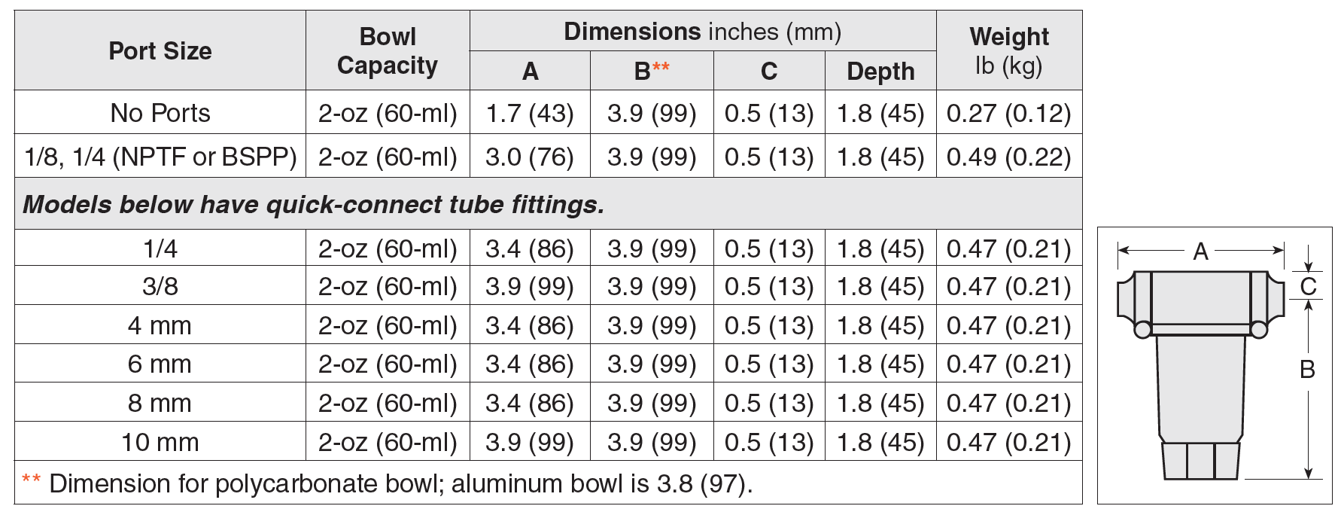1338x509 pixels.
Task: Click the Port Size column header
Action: [160, 50]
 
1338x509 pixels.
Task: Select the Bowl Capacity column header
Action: [387, 50]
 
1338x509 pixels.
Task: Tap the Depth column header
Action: [880, 71]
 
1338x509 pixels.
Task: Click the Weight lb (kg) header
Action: [1008, 50]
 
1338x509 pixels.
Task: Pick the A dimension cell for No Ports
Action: [530, 113]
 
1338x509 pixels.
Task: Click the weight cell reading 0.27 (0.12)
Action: [1008, 113]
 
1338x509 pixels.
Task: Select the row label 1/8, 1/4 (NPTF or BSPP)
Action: [160, 157]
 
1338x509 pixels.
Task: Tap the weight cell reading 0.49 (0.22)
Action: [1008, 157]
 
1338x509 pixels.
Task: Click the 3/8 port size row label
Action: [160, 286]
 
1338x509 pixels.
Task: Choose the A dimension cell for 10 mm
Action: [530, 442]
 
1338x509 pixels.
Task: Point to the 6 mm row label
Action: [160, 364]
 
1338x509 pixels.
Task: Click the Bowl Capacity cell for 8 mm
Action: [387, 404]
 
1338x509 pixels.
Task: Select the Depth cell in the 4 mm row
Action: [880, 325]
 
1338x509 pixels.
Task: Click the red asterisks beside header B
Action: [661, 67]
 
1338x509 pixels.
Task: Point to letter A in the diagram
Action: [1201, 251]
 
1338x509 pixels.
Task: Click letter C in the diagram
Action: [1309, 286]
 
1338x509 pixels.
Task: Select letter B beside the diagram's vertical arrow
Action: [1308, 369]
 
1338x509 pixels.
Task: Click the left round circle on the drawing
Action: [1142, 329]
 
